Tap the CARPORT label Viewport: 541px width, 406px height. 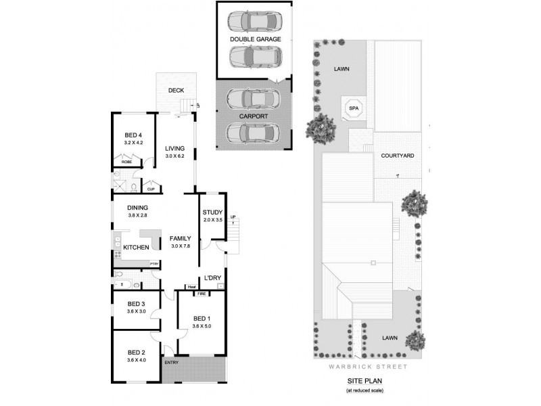pyautogui.click(x=254, y=116)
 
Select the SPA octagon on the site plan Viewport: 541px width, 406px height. pyautogui.click(x=352, y=108)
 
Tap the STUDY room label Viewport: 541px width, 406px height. pyautogui.click(x=212, y=212)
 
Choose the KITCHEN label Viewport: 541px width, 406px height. pyautogui.click(x=136, y=248)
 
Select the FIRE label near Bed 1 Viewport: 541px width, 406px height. pyautogui.click(x=201, y=294)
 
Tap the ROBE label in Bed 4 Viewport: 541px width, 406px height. pyautogui.click(x=126, y=162)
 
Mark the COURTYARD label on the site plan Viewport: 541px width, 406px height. pyautogui.click(x=398, y=155)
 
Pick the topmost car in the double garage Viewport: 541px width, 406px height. pyautogui.click(x=254, y=22)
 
